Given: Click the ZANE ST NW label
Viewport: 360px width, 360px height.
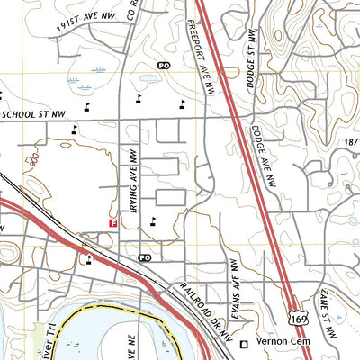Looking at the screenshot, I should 328,311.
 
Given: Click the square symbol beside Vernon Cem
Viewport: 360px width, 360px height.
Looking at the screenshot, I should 243,345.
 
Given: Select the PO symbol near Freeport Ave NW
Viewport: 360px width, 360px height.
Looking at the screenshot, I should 163,66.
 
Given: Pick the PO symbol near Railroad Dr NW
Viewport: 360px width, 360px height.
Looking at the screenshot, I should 144,257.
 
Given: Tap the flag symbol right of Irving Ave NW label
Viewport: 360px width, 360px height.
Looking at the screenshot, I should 153,221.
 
